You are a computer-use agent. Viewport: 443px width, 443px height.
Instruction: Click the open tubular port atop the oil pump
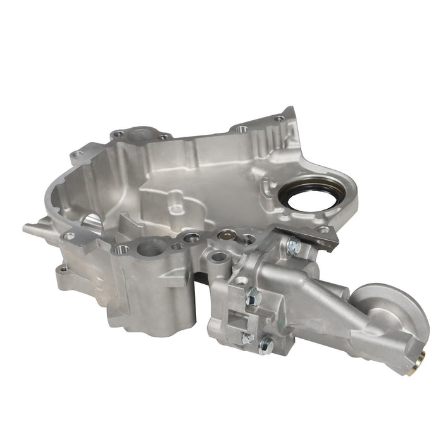(219, 258)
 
